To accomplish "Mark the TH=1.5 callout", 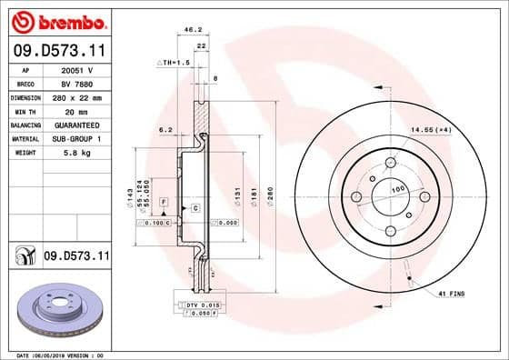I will (x=172, y=63).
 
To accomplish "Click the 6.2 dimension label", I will (x=165, y=130).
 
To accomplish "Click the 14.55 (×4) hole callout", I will (x=432, y=131).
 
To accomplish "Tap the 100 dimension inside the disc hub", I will (x=396, y=190).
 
